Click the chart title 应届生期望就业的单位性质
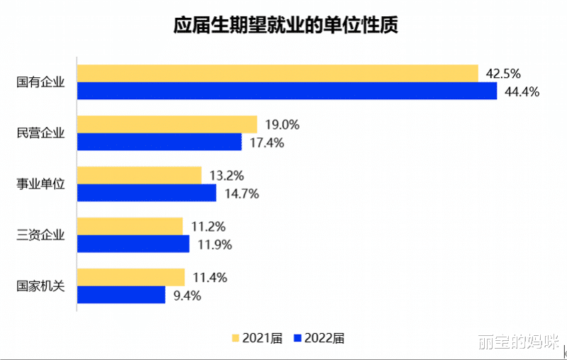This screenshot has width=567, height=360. [286, 26]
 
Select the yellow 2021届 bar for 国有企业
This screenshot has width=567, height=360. [277, 73]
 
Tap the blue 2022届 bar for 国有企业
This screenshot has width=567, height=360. [287, 91]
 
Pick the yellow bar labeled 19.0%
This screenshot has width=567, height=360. [167, 124]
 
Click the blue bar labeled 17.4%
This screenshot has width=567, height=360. [159, 142]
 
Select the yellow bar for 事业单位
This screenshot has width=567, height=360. [139, 175]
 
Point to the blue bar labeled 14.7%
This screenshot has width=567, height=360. [146, 193]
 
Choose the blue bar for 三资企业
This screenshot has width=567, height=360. [133, 244]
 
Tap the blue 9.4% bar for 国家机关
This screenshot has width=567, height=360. [120, 295]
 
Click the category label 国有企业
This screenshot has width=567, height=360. [40, 82]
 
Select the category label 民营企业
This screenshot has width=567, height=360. [40, 133]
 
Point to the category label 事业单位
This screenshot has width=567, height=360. [40, 184]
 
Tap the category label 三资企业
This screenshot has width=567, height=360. [40, 235]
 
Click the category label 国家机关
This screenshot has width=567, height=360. [40, 286]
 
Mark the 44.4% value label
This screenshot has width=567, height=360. [522, 91]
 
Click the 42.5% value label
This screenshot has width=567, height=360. [503, 73]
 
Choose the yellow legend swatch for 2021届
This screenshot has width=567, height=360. [236, 338]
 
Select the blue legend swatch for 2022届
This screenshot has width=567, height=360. [298, 338]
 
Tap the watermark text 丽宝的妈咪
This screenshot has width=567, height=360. [517, 342]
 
